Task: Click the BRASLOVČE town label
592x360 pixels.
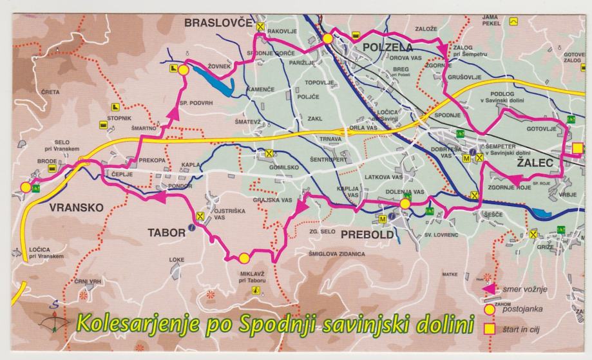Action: [x=217, y=23]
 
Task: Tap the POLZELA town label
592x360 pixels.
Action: [x=388, y=47]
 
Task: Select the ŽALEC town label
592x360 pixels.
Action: [x=535, y=164]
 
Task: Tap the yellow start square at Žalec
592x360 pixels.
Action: [x=578, y=149]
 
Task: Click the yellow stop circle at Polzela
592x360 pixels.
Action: [x=327, y=39]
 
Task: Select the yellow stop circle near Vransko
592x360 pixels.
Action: [x=25, y=187]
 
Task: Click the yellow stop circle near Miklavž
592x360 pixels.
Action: [x=243, y=258]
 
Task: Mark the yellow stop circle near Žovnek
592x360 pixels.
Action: [x=182, y=69]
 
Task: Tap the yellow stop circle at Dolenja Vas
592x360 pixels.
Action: [x=405, y=204]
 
